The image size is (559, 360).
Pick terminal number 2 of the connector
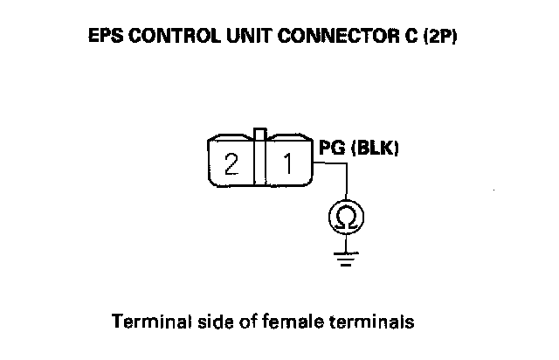coord(231,163)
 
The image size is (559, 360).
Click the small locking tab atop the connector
coord(258,135)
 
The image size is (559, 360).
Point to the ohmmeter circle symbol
coord(347,219)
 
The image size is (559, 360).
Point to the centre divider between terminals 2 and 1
coord(258,162)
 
